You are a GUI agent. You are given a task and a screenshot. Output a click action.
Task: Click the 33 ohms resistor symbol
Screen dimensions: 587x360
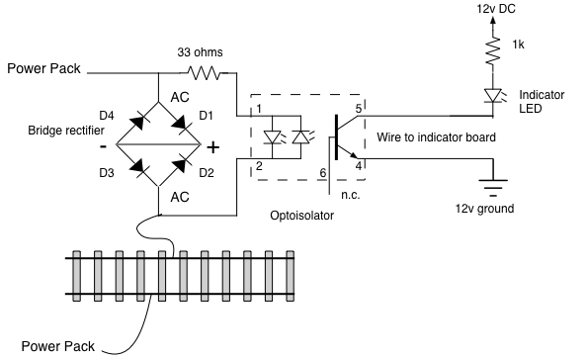(205, 72)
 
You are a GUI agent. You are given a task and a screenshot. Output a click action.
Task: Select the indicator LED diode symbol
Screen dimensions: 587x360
(493, 96)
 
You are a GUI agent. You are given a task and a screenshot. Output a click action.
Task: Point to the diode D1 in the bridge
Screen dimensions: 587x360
(179, 123)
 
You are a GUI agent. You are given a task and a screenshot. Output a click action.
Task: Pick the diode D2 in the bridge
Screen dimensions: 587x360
(179, 165)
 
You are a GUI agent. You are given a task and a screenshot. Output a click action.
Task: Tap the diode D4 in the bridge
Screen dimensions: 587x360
(137, 123)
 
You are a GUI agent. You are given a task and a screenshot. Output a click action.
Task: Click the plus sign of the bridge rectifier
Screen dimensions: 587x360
(213, 147)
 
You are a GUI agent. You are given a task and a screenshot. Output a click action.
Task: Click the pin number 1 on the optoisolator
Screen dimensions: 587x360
(259, 109)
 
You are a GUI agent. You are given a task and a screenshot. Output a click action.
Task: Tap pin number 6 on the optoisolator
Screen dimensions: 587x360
(323, 173)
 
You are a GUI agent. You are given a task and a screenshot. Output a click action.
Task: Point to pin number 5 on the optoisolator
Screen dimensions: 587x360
(359, 109)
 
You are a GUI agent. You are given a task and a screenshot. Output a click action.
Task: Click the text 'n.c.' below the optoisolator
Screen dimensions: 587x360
(351, 195)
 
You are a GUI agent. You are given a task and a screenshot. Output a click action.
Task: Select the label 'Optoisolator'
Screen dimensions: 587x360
(301, 216)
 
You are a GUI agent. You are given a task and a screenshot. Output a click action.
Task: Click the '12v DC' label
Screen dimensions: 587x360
(496, 9)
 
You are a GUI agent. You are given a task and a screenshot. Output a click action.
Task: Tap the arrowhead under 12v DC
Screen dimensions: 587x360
(493, 20)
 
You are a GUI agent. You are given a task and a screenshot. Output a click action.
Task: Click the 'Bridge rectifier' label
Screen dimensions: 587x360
(66, 131)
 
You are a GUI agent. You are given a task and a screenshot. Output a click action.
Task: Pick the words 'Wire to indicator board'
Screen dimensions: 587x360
(436, 137)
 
